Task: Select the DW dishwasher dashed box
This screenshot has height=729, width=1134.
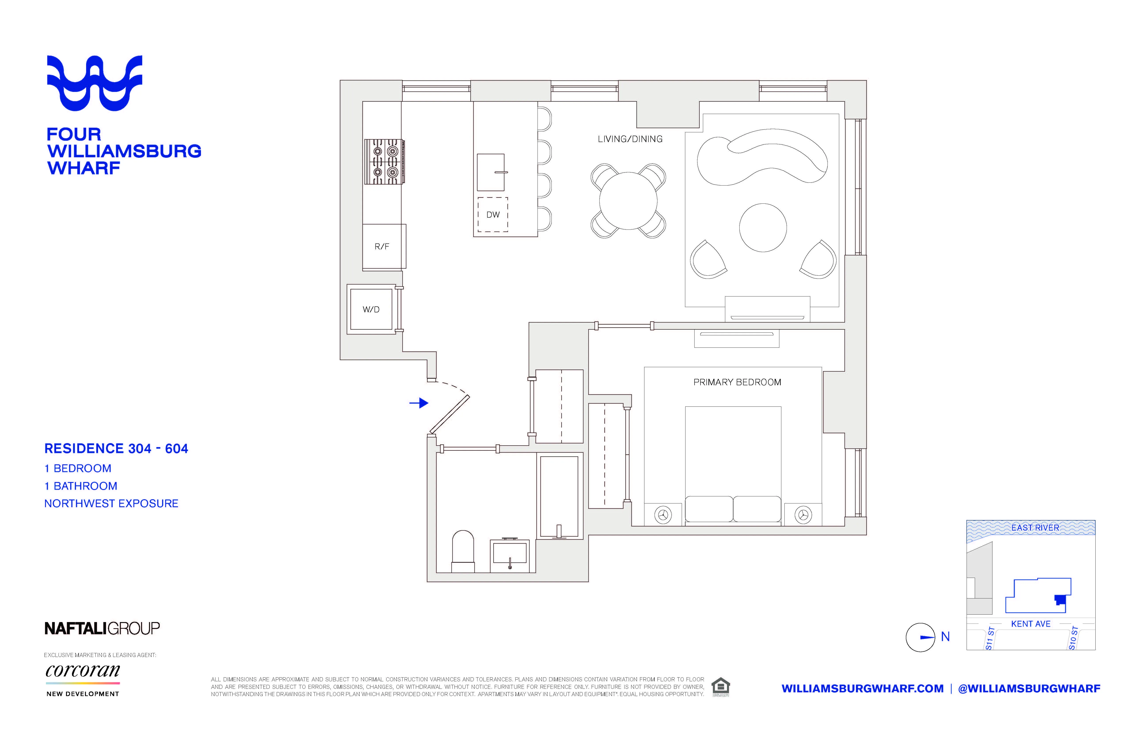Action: (x=492, y=215)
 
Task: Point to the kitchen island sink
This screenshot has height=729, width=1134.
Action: (x=491, y=172)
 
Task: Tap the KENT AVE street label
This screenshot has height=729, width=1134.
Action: (x=1030, y=624)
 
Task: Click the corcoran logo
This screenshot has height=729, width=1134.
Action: (x=83, y=671)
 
